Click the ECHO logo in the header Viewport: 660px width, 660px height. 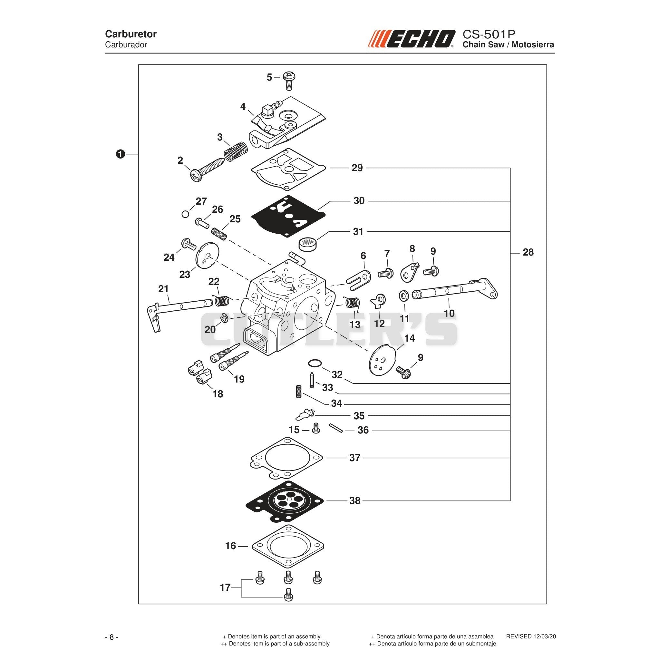click(411, 39)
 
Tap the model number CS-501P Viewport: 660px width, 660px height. click(489, 34)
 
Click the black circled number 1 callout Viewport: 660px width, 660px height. click(120, 154)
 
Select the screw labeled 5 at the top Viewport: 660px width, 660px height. click(289, 81)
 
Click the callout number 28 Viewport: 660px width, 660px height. click(528, 252)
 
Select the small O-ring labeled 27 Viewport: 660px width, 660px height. click(185, 214)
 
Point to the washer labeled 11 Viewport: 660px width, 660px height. click(404, 296)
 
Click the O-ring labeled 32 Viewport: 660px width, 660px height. click(314, 362)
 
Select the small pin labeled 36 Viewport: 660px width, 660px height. click(336, 428)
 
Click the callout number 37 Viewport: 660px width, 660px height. click(354, 458)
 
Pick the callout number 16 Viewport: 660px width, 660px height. click(231, 546)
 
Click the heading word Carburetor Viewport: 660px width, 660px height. click(131, 34)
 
